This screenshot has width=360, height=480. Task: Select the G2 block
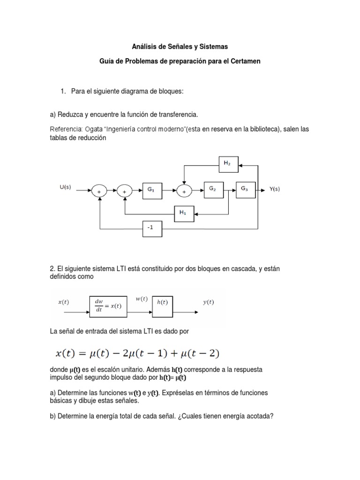[x=213, y=189]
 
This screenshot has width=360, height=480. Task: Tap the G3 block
[x=245, y=189]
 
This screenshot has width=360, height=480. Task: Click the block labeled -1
[x=151, y=228]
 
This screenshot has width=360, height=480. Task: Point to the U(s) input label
[x=65, y=187]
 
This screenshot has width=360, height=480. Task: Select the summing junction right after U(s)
[x=99, y=191]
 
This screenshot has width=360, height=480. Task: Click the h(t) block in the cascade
[x=163, y=305]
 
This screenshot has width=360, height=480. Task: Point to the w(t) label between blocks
[x=141, y=299]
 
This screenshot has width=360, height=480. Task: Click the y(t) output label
[x=208, y=302]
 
